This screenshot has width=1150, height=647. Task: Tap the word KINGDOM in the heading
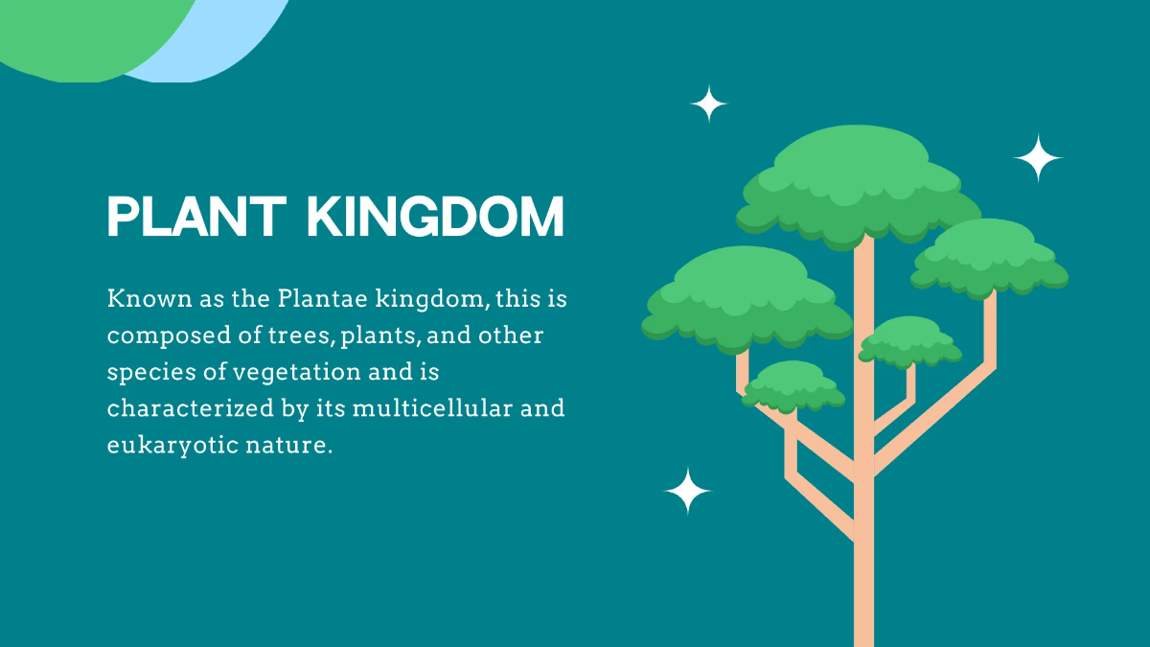(x=436, y=218)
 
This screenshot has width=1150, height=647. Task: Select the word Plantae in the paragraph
(x=317, y=300)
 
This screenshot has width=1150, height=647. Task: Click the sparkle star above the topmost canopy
(x=709, y=104)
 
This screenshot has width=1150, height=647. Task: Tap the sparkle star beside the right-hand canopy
(x=1038, y=158)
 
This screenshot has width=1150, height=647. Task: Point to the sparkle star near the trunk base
(x=688, y=491)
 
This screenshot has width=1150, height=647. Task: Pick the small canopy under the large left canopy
(x=793, y=384)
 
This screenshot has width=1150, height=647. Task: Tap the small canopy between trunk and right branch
(x=909, y=340)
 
